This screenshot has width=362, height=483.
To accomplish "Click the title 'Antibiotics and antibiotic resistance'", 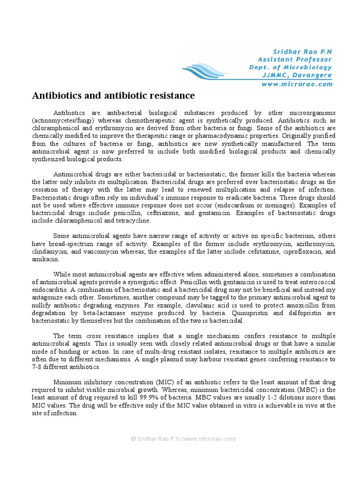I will click(113, 96).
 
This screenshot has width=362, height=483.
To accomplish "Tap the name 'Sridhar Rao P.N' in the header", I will click(303, 51).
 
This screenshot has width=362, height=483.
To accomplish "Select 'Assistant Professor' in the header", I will click(295, 59).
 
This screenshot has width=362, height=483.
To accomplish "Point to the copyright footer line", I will click(183, 439).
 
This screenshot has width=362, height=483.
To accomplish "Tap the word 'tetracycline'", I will click(134, 220).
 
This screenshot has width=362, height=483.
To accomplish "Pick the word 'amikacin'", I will click(45, 259).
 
